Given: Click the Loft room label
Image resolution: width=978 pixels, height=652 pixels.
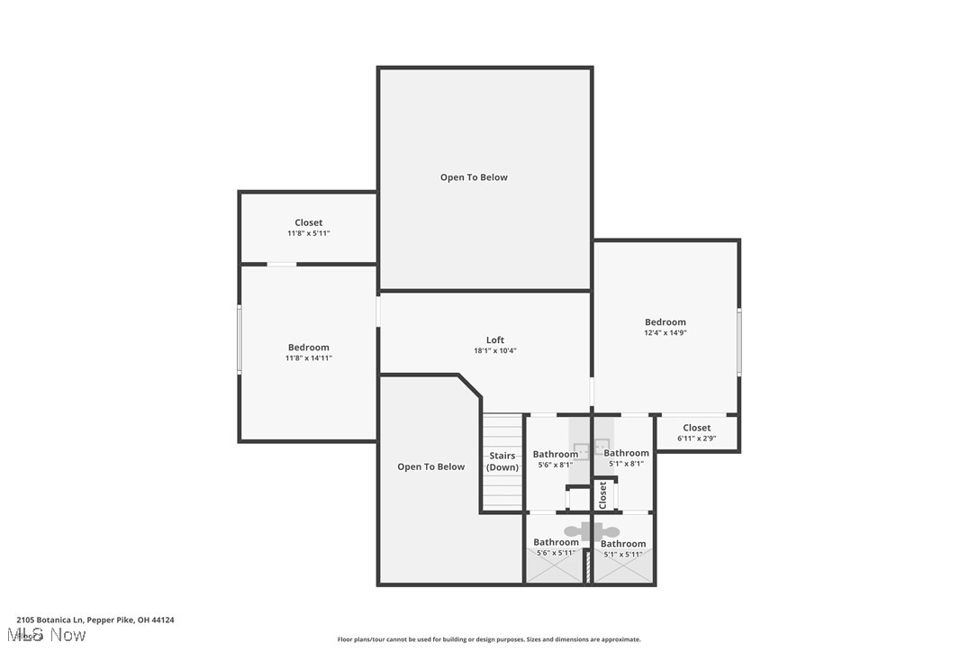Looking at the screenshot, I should (495, 340).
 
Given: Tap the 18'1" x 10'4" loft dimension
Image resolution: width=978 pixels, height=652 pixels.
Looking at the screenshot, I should (495, 351).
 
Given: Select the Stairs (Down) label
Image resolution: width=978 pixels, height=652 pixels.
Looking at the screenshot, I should (503, 461).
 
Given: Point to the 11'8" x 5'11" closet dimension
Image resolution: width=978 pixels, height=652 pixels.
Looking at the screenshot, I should (309, 233).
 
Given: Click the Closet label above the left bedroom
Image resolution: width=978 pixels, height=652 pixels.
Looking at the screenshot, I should (309, 222).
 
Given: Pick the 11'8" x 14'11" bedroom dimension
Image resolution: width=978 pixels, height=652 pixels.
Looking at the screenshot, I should (309, 358).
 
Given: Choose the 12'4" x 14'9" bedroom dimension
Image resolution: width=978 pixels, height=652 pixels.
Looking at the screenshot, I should (666, 333).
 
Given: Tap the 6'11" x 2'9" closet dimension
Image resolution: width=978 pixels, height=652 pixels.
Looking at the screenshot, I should (696, 439).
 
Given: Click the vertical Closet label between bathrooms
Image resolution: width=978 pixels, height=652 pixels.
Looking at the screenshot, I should (602, 494).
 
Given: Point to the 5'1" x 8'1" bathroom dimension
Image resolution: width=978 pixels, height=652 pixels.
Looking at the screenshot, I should (626, 464).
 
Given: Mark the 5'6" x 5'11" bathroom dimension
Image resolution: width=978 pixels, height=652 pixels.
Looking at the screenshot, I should (556, 553).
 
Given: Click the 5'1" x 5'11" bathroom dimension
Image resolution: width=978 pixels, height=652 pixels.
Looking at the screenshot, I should (623, 554).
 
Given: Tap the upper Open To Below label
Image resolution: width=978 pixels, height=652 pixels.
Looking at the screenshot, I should (474, 177).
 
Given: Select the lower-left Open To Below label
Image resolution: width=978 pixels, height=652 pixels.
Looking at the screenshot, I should (431, 466).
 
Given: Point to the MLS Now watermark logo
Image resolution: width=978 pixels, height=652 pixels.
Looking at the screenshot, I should (51, 635).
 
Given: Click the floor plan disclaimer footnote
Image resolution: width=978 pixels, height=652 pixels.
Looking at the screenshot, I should (489, 639).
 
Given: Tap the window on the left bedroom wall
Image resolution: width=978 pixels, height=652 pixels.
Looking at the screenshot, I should (240, 339).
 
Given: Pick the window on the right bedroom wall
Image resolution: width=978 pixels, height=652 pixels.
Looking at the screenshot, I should (738, 342).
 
